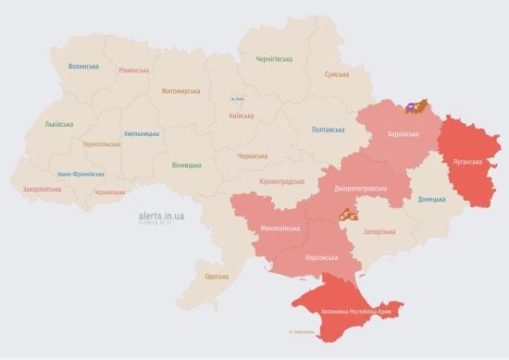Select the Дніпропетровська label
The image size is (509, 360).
coord(359,188)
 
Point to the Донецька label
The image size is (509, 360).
coord(431,199)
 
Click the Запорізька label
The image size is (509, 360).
coord(381,231)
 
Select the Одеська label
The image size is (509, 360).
coord(217,277)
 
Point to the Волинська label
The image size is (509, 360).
coord(83,67)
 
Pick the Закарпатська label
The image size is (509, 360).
coord(43,189)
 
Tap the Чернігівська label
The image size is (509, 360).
coord(275,58)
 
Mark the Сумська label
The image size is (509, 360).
coord(337,74)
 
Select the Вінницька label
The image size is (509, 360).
coord(186,165)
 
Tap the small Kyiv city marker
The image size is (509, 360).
coord(236,98)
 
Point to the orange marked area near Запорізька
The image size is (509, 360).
coord(346,216)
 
